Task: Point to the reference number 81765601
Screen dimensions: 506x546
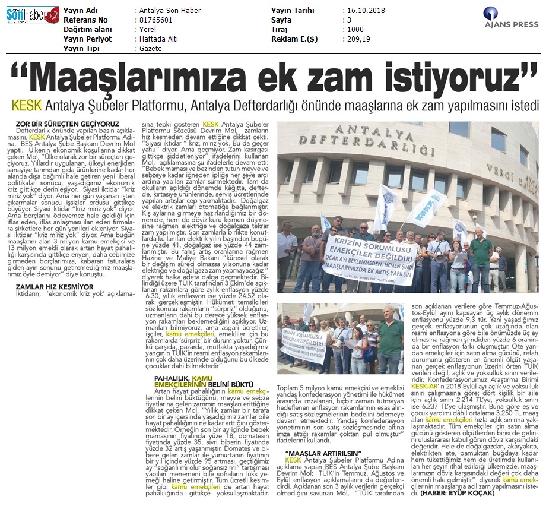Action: [156, 20]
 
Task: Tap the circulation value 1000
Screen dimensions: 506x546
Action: [357, 29]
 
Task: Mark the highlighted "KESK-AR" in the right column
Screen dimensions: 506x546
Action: [426, 387]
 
